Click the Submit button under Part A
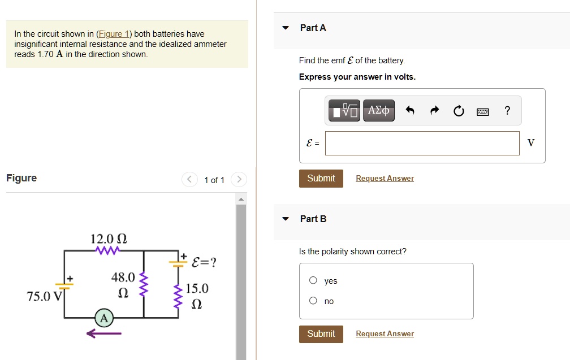tap(321, 178)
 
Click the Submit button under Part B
tap(321, 333)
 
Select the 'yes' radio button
tap(313, 281)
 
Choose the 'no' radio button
tap(313, 301)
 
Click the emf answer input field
tap(422, 143)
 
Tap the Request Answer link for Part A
tap(385, 179)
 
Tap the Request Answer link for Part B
tap(385, 334)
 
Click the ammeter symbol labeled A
tap(103, 318)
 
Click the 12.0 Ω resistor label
tap(109, 239)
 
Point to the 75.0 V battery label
tap(45, 297)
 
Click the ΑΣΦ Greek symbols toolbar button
tap(378, 111)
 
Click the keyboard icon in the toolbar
tap(482, 111)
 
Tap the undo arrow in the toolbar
tap(410, 111)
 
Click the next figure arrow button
tap(239, 180)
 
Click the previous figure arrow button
tap(190, 180)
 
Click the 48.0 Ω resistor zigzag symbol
tap(144, 285)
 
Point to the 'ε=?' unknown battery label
tap(204, 262)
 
